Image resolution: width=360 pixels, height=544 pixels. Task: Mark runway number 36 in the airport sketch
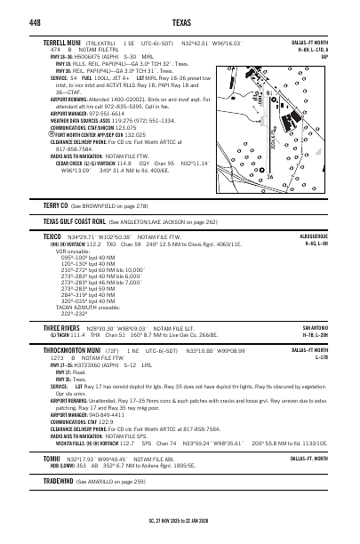pyautogui.click(x=269, y=175)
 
